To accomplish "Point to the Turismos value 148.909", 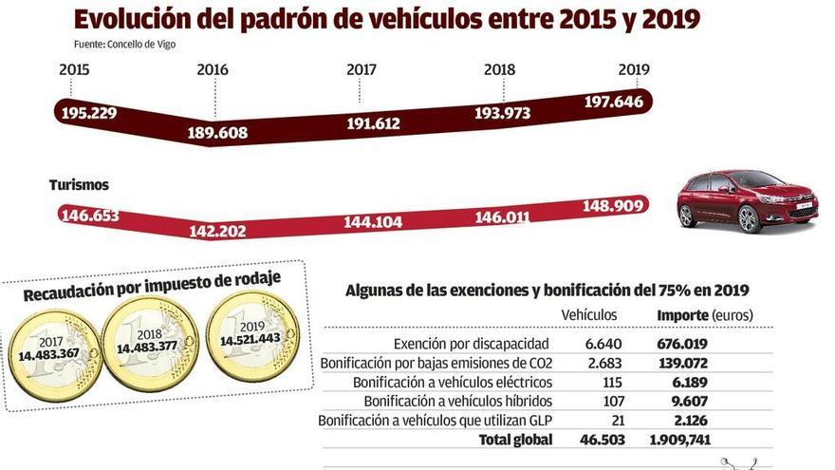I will coord(611,205).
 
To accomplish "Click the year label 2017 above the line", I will coord(361,70).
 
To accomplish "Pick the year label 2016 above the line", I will coord(213,70).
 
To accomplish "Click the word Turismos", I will coord(79,185).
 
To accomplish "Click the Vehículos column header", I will coord(589,314).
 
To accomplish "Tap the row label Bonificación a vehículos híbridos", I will coord(438,401).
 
